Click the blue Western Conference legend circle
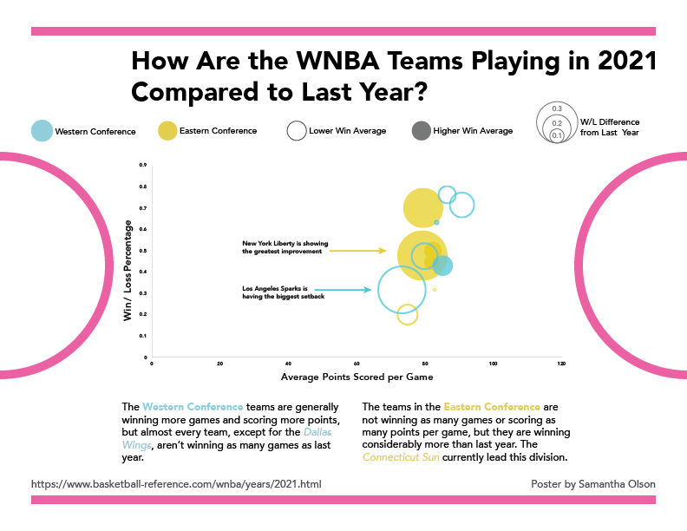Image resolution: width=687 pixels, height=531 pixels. click(42, 130)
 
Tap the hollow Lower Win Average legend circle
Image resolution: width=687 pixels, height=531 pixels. click(296, 130)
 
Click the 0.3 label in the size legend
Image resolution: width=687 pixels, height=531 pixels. click(557, 108)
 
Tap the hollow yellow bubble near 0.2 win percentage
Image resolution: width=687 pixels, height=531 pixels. click(408, 315)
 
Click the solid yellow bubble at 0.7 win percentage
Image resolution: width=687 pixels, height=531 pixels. click(422, 207)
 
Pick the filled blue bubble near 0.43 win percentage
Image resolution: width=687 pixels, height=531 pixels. click(442, 265)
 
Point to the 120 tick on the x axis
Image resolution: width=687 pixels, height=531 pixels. click(561, 364)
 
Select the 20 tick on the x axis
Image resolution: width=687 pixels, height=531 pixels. click(219, 364)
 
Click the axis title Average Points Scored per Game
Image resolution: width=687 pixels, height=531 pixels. click(357, 377)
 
